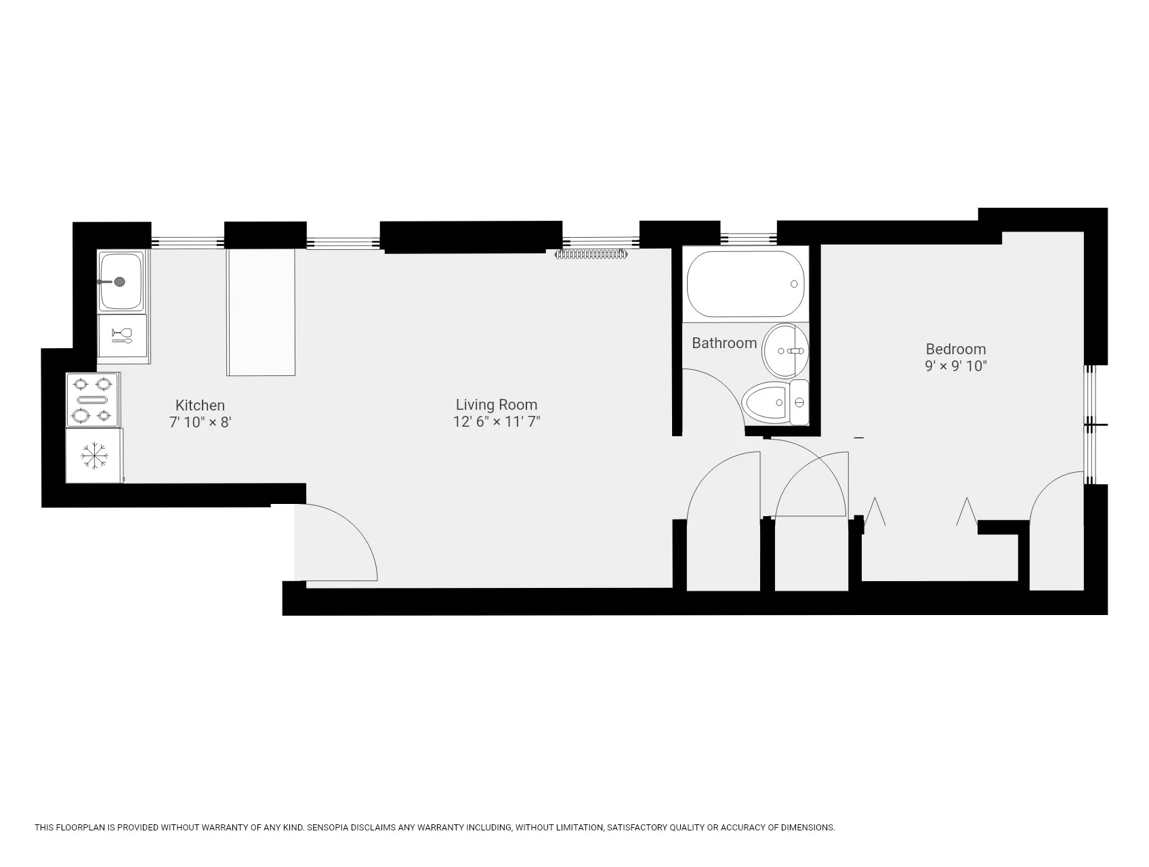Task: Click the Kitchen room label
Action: (x=200, y=405)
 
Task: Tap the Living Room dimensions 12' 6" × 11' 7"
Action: (x=497, y=422)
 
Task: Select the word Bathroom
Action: (x=724, y=343)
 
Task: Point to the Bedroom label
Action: (x=955, y=350)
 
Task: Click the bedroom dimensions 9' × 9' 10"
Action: (x=955, y=366)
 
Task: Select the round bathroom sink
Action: (x=786, y=351)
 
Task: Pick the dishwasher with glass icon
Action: (x=123, y=335)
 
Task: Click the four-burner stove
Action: (x=93, y=400)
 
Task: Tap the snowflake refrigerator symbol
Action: (x=94, y=455)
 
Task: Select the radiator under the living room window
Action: (x=591, y=255)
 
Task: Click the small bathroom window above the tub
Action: (x=748, y=238)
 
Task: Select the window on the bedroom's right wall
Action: (x=1089, y=425)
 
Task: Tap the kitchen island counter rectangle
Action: (x=261, y=312)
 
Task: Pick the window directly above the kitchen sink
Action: (x=187, y=241)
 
